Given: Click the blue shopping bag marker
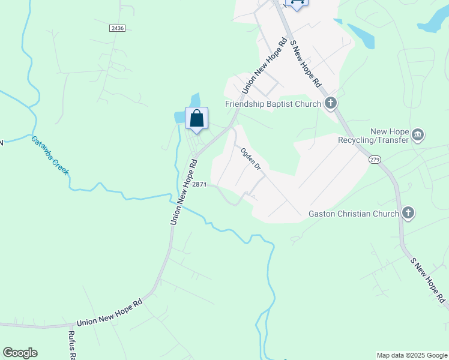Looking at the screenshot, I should point(196,119).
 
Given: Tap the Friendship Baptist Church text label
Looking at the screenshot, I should point(273,104).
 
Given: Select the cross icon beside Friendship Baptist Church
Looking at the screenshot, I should point(331,104).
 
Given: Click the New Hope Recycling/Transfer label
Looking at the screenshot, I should point(390,136).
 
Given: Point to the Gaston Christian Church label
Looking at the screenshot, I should point(354,214).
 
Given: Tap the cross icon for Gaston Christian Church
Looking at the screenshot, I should point(408,213).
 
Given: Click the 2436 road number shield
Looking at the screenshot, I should point(117,28).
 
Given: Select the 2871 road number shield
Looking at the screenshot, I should point(199,185).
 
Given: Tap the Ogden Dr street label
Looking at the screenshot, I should point(251,159).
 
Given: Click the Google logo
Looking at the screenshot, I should point(20,353).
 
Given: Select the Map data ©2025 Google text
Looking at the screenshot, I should point(412,355).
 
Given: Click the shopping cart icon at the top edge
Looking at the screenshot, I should point(297,3).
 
